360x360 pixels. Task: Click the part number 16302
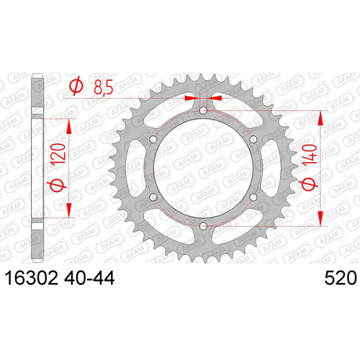click(32, 278)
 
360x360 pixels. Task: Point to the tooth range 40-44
click(89, 278)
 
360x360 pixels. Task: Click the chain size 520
click(341, 278)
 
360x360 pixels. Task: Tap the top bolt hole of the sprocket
click(203, 111)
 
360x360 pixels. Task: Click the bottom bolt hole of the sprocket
click(203, 225)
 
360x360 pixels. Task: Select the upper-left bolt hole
click(153, 140)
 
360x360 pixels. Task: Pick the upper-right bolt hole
click(253, 140)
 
